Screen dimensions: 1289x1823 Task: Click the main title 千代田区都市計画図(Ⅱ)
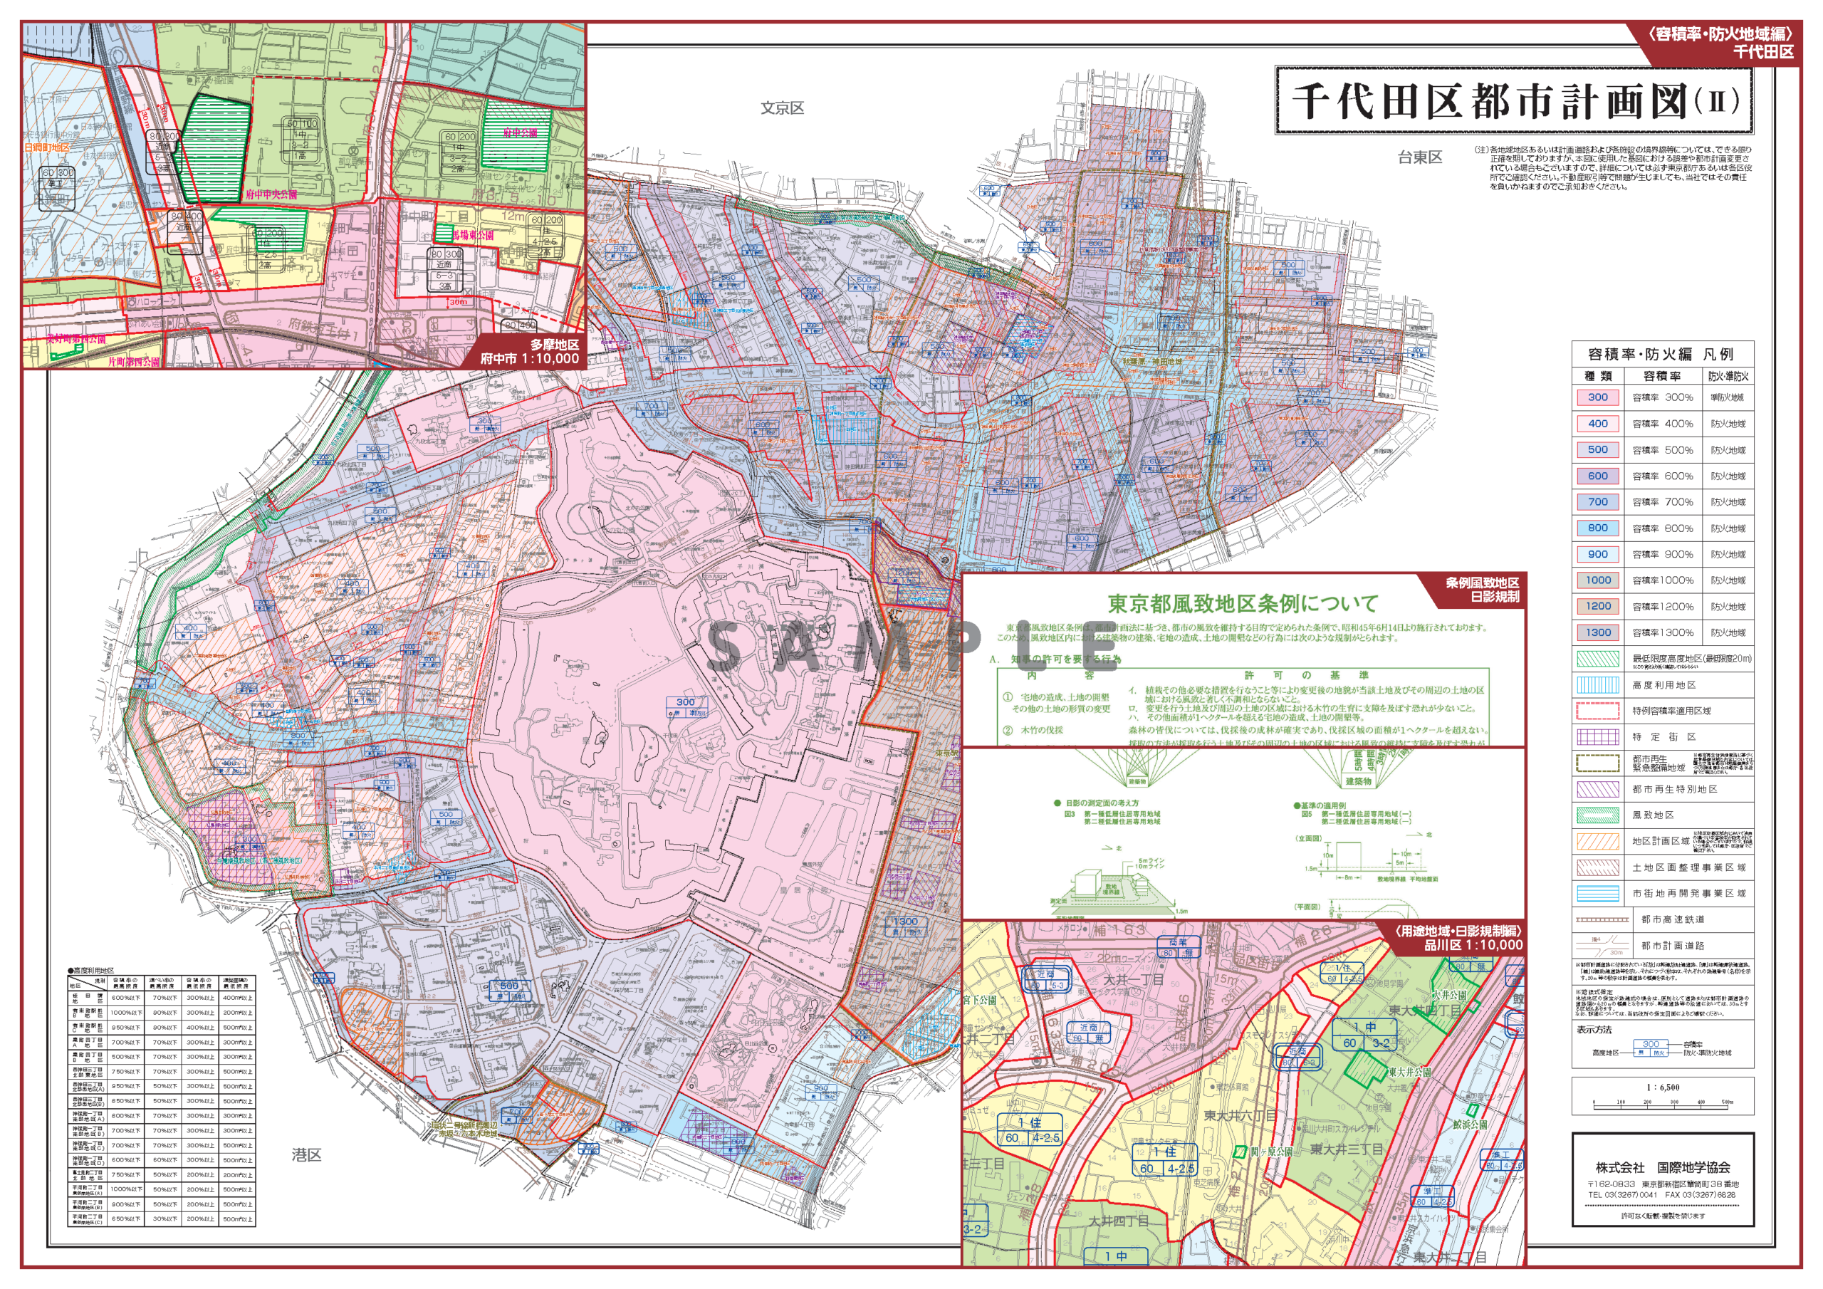[x=1513, y=102]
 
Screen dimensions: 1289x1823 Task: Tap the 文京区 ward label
[x=782, y=108]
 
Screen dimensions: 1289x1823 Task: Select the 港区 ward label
[x=305, y=1155]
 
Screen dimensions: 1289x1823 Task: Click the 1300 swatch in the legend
[x=1597, y=633]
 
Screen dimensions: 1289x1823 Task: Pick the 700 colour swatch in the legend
[x=1597, y=502]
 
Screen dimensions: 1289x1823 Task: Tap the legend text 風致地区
[x=1653, y=815]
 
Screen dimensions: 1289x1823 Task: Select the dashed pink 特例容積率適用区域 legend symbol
[x=1597, y=711]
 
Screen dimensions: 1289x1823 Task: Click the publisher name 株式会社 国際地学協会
[x=1663, y=1167]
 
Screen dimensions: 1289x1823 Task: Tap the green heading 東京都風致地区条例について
[x=1243, y=604]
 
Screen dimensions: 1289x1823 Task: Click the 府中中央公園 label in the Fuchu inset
[x=271, y=194]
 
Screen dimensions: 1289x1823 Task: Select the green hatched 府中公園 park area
[x=516, y=135]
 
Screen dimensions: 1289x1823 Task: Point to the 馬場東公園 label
[x=474, y=235]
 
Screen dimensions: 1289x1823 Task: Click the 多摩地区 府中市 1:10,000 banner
[x=530, y=352]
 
